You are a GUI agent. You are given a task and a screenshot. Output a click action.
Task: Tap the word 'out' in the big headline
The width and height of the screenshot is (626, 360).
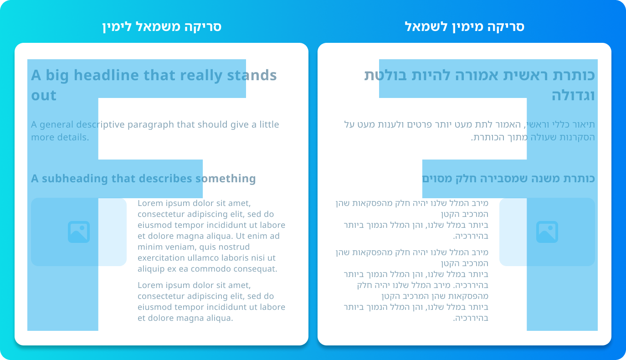44,95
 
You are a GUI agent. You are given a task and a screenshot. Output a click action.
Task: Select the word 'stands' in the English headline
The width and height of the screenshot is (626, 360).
251,75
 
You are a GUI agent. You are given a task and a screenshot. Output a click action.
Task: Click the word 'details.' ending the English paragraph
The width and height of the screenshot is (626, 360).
74,137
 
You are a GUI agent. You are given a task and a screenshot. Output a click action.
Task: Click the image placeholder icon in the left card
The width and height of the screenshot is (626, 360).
79,232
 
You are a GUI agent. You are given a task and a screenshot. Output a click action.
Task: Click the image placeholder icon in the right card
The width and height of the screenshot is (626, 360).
547,232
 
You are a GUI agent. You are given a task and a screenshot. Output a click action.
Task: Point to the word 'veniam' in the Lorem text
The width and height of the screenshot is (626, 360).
180,247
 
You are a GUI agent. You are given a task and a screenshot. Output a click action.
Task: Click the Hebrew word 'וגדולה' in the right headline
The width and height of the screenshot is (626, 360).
573,95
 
